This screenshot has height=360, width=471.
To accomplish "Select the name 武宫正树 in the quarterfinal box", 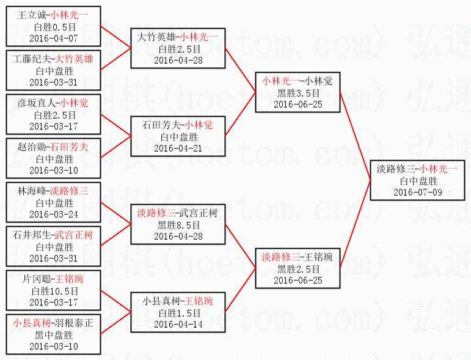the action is click(x=199, y=213).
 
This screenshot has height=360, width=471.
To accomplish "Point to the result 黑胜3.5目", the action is click(x=298, y=92).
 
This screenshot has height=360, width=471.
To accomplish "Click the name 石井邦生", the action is click(x=35, y=235).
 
